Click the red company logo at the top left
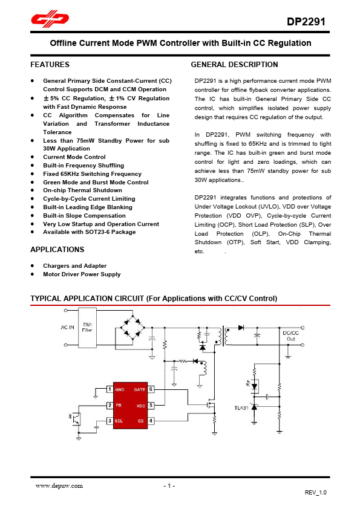point(51,21)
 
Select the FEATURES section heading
point(50,65)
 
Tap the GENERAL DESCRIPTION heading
point(234,65)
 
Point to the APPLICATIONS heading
point(57,250)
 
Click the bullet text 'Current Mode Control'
point(74,157)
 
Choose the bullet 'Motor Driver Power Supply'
point(82,274)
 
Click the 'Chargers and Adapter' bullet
point(74,266)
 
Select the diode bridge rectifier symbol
point(132,328)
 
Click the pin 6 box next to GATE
point(151,389)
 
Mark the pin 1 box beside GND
point(109,389)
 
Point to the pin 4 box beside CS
point(151,421)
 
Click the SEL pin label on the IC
point(120,421)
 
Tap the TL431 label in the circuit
point(241,407)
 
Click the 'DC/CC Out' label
point(290,336)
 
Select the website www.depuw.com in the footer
point(59,485)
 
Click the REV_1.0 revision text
point(315,494)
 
